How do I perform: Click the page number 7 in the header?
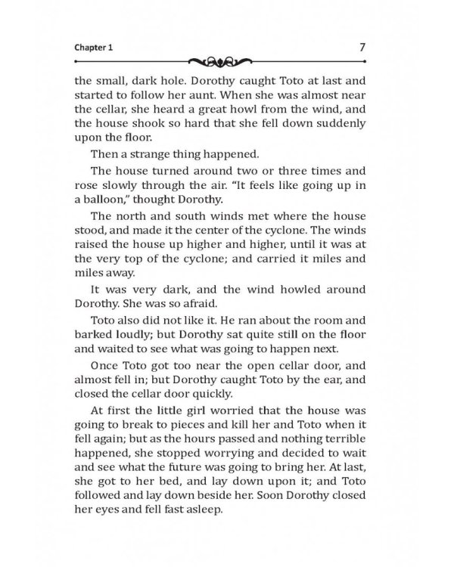click(362, 47)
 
